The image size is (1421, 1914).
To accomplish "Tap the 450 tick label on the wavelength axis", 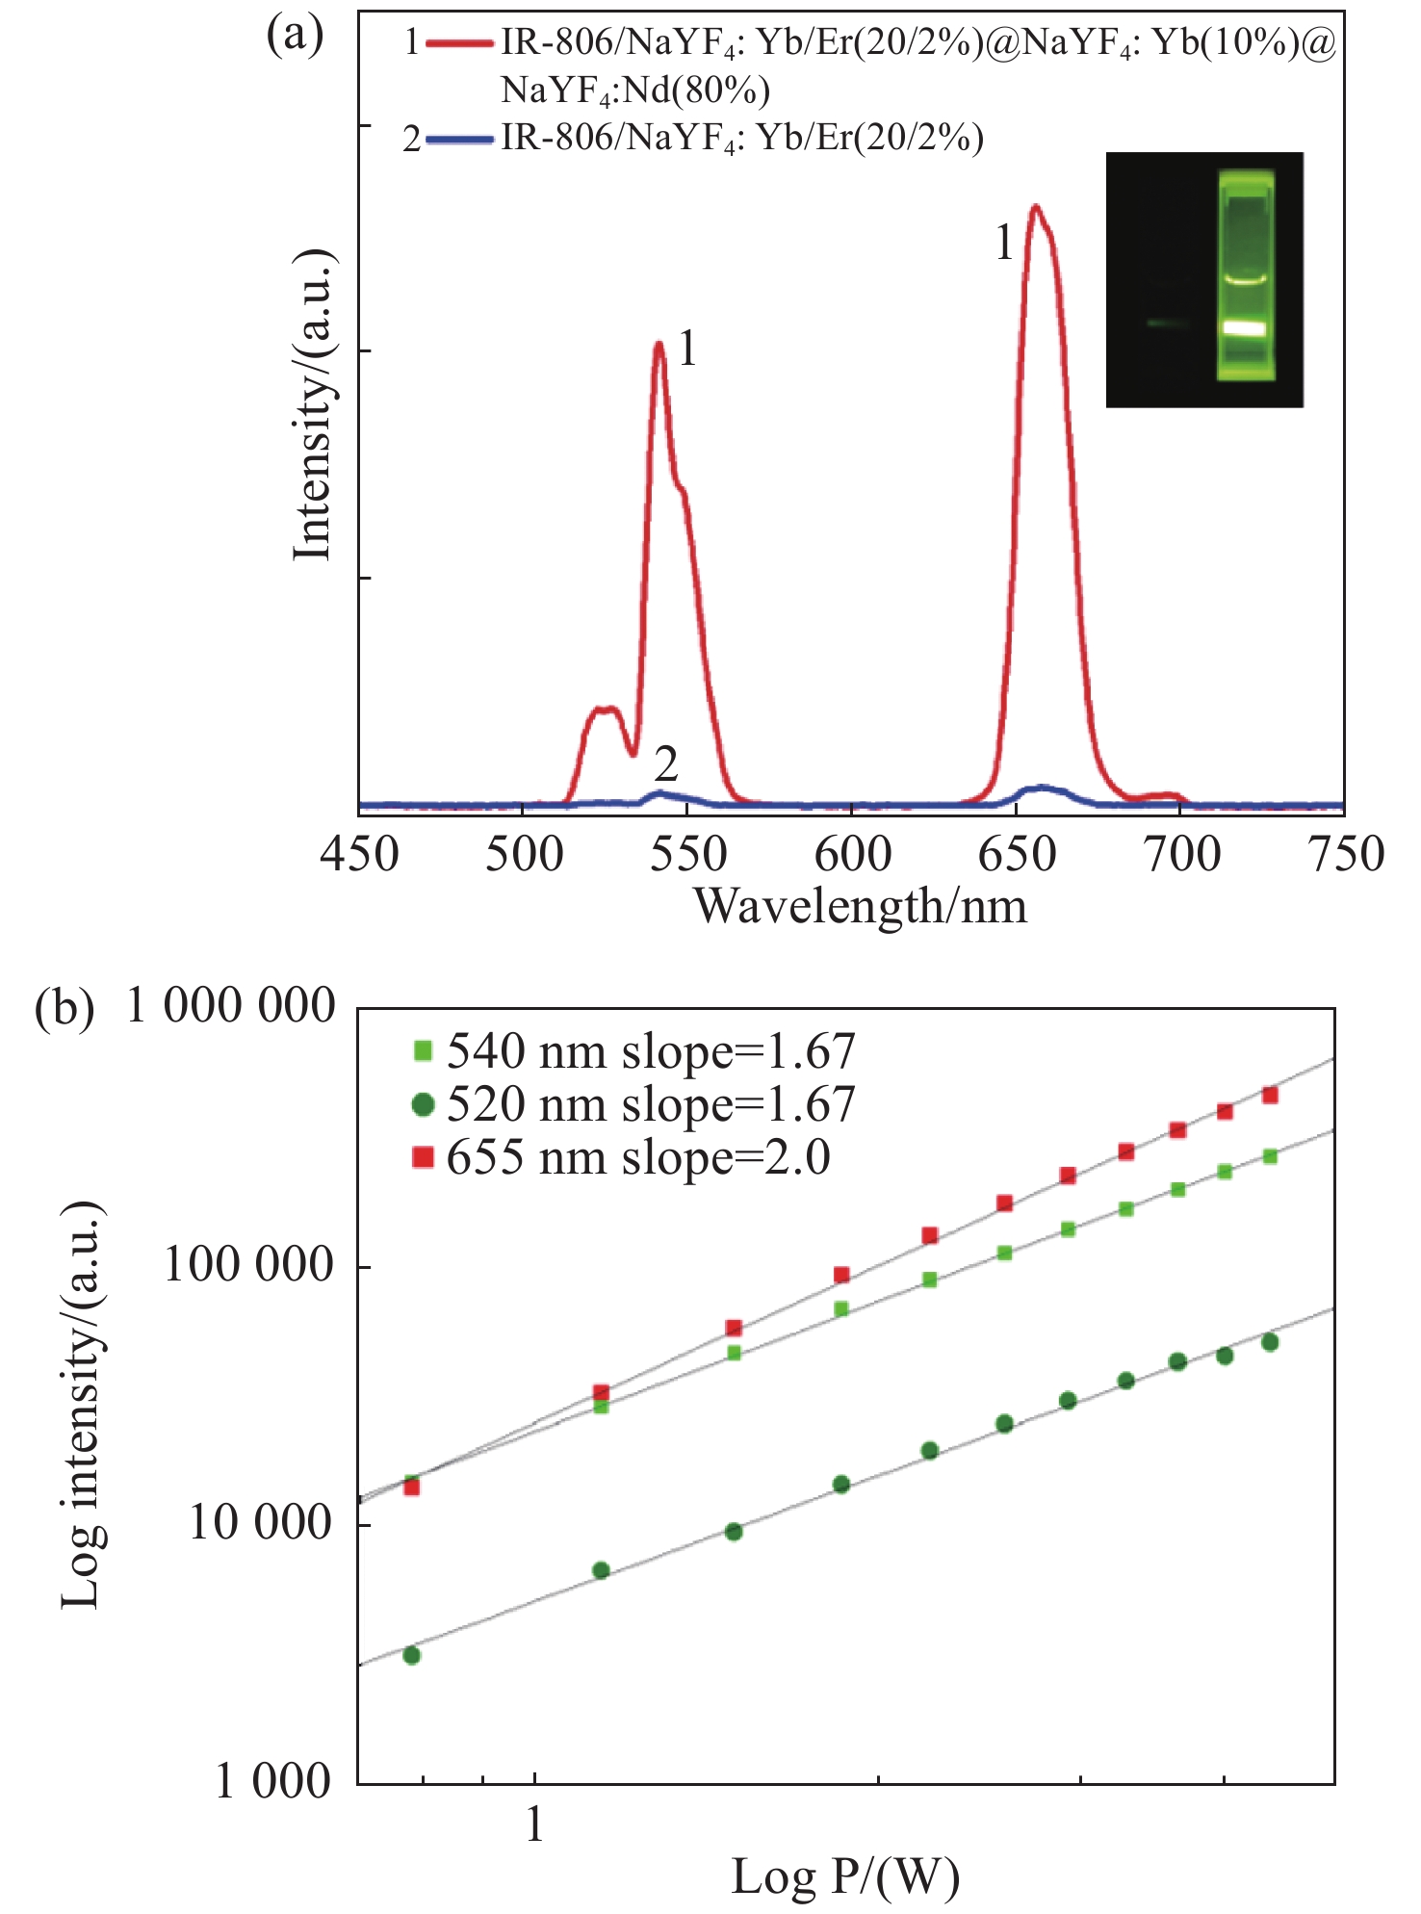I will click(x=359, y=855).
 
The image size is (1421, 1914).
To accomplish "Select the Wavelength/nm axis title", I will click(x=861, y=906).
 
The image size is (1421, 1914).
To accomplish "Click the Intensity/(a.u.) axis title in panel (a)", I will click(x=314, y=404).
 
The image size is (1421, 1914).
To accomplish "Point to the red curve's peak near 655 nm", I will click(x=1035, y=206).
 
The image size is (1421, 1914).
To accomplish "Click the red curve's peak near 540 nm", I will click(x=659, y=344).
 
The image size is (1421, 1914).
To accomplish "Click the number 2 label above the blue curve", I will click(x=665, y=765).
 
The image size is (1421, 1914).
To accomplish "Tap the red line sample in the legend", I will click(x=459, y=43).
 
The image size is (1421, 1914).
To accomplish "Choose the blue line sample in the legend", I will click(x=459, y=140).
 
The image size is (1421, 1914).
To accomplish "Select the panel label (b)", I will click(x=65, y=1009).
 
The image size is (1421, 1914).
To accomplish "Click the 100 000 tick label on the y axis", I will click(x=248, y=1264).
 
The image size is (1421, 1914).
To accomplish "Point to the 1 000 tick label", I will click(x=273, y=1782).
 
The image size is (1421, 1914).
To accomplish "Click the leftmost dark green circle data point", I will click(x=411, y=1655).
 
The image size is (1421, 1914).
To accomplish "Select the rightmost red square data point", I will click(x=1270, y=1095).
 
